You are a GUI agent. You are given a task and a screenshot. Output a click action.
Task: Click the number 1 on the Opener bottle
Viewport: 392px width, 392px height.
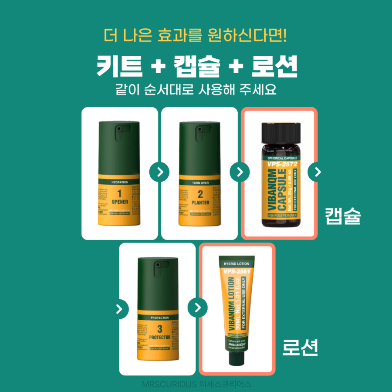point(119,194)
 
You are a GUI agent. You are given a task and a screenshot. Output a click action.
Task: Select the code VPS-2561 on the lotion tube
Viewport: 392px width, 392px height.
point(237,271)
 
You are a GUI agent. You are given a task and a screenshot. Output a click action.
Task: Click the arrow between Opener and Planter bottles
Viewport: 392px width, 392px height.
point(160,172)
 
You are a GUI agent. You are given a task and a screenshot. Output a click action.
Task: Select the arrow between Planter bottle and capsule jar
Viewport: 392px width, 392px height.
point(240,172)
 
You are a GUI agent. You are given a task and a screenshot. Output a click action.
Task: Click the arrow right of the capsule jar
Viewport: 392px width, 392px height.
point(317,172)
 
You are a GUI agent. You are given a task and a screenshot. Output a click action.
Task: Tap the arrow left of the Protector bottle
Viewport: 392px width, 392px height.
point(119,309)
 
